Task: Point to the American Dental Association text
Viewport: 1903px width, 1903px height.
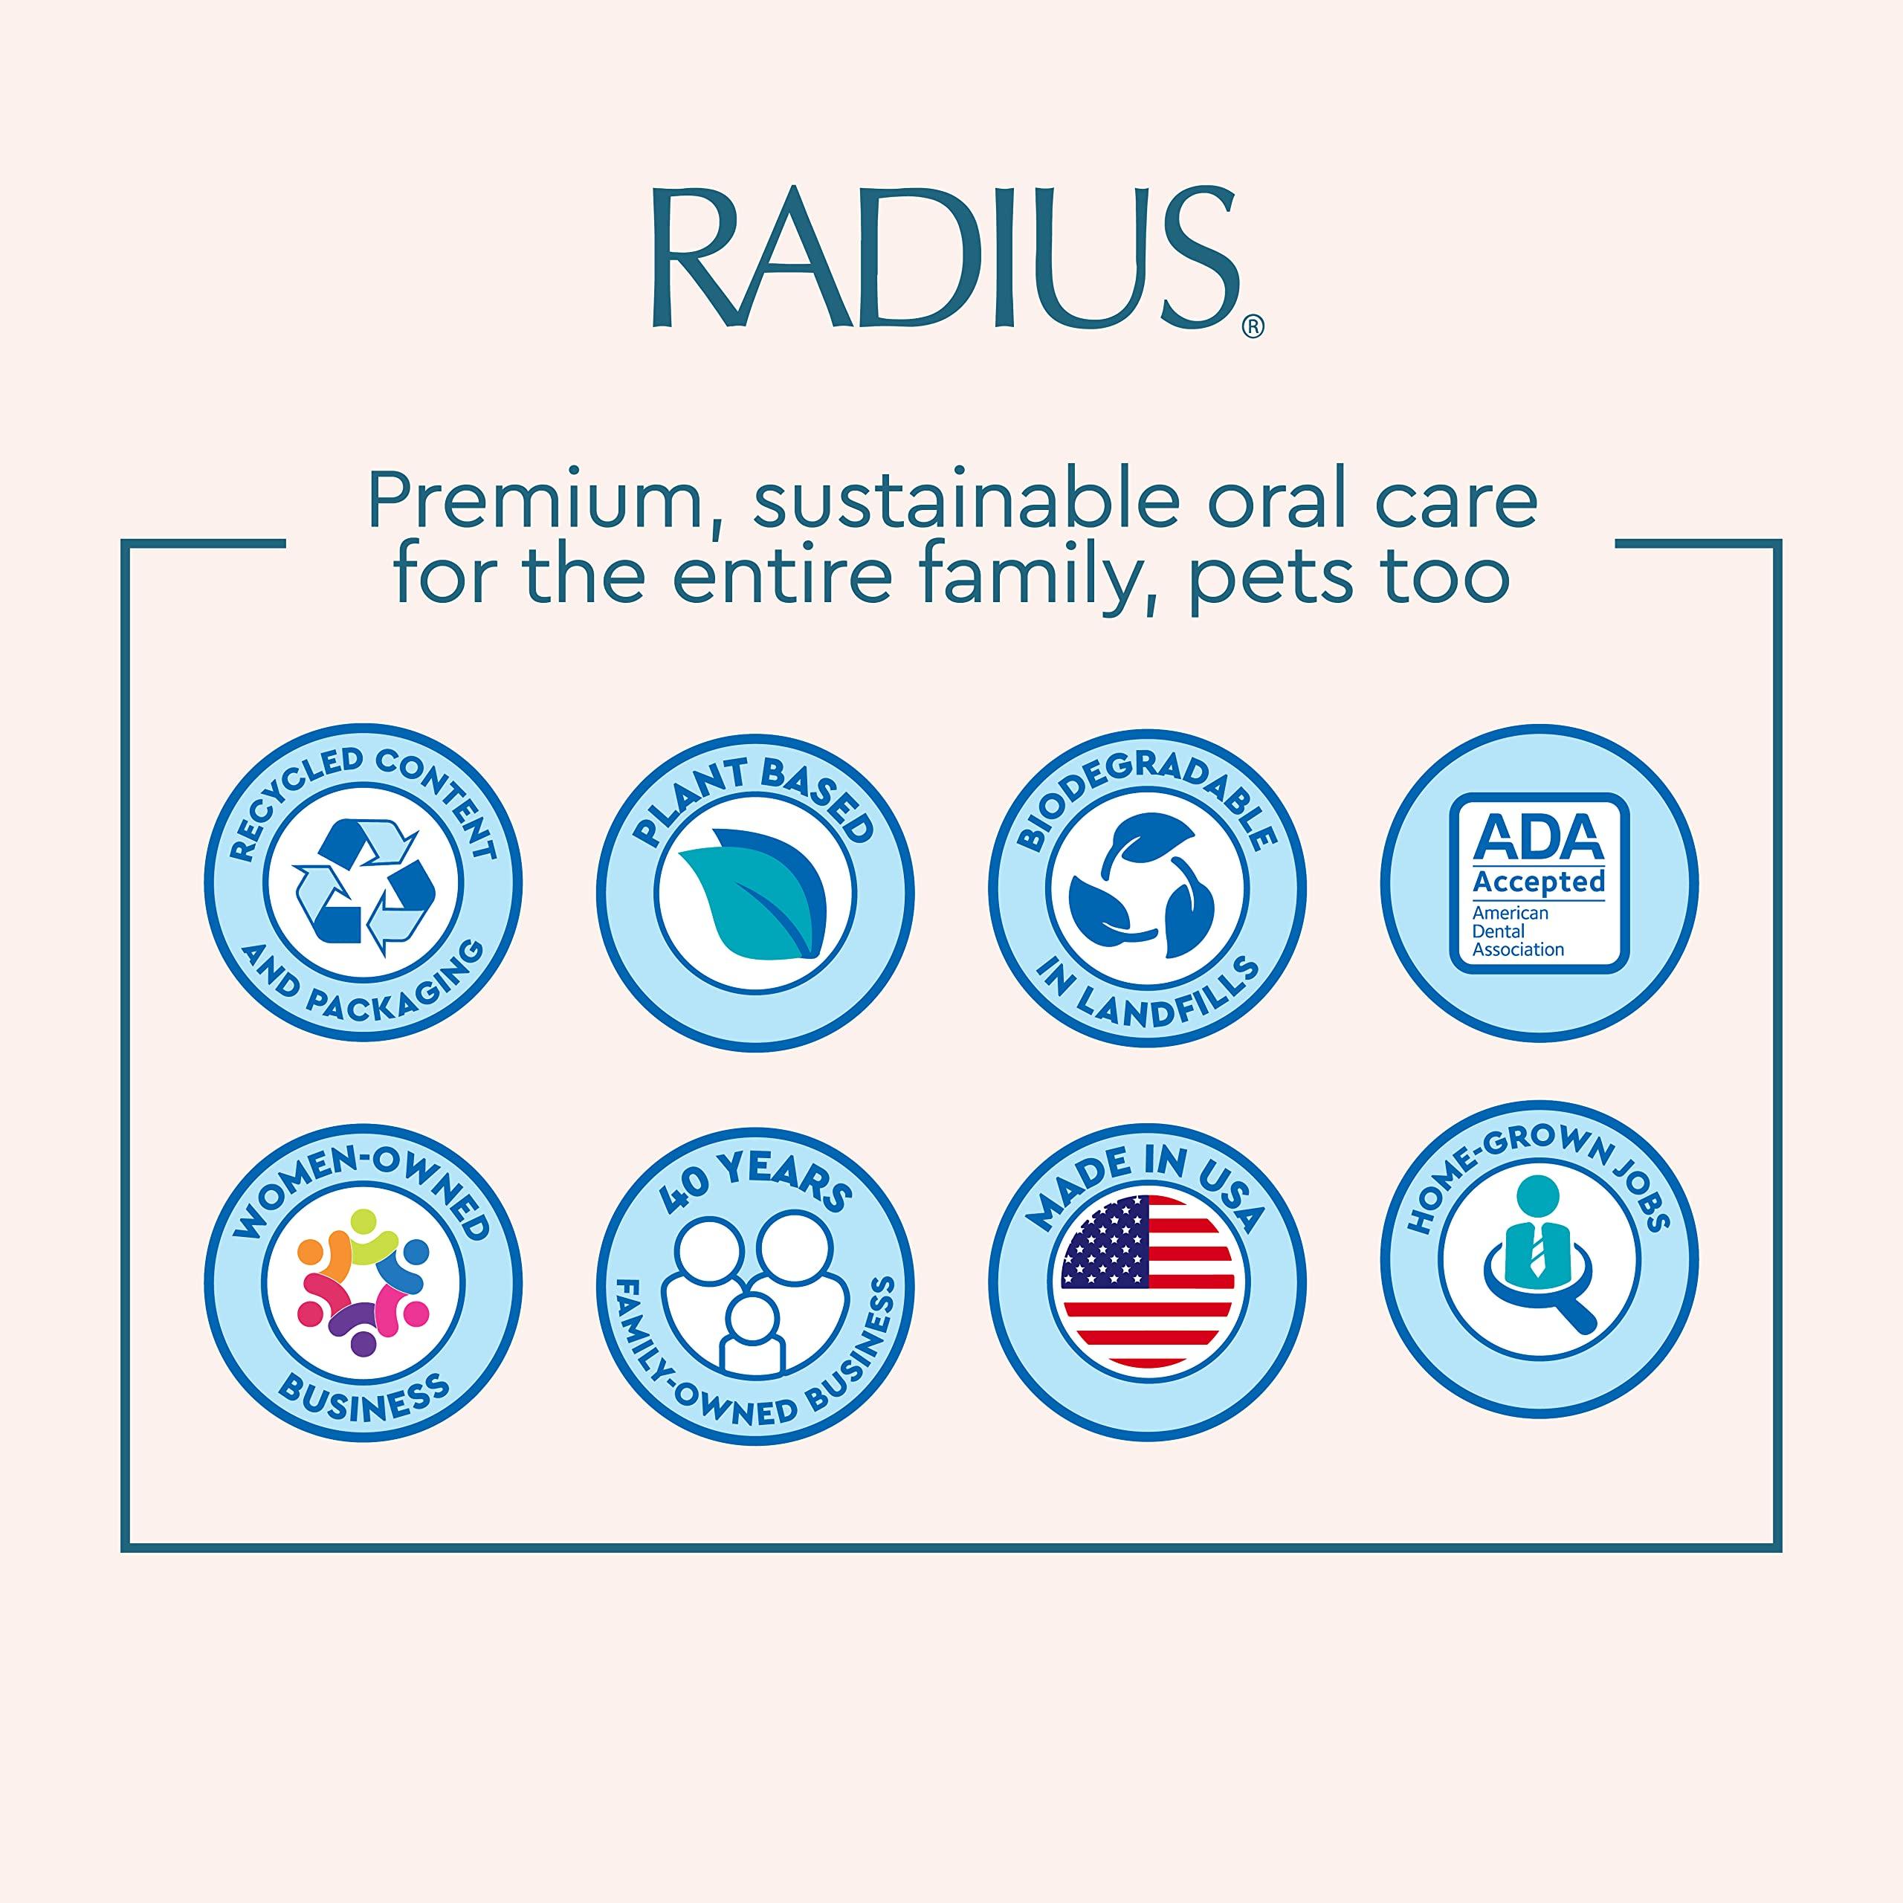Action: [1517, 931]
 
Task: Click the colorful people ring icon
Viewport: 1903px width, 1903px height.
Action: [364, 1282]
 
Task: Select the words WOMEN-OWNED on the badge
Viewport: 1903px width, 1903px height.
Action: [364, 1183]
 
